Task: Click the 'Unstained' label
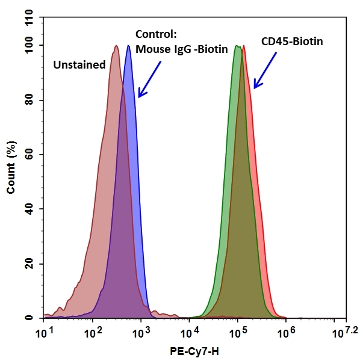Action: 79,64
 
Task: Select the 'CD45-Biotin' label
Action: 292,42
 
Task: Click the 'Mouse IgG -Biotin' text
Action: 182,49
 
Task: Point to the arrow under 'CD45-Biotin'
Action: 265,70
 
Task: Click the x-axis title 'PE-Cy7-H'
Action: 193,351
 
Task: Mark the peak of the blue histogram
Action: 128,46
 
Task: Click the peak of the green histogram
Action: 237,46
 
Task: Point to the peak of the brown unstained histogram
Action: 116,46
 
